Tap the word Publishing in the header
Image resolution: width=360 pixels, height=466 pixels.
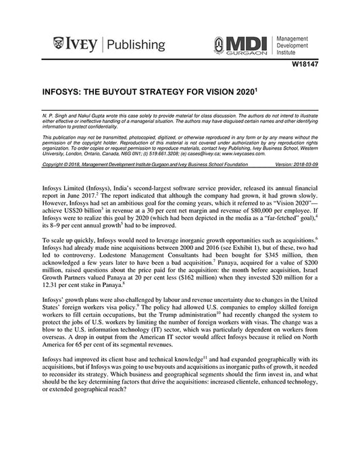pyautogui.click(x=135, y=45)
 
